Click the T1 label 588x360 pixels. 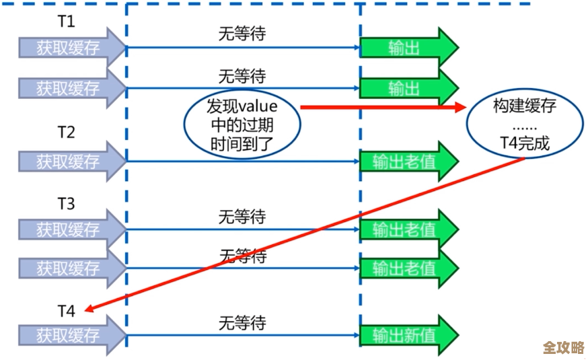[65, 22]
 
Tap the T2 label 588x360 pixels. [65, 133]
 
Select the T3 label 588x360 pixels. [65, 203]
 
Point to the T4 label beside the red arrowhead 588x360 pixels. [65, 311]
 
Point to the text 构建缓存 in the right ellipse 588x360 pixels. [525, 106]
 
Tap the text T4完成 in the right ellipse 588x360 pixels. [525, 143]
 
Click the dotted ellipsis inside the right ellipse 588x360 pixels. [525, 125]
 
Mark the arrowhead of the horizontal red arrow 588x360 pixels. [461, 107]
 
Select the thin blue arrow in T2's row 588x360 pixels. [242, 161]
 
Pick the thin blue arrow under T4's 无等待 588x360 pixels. [242, 335]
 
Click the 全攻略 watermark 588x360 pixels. [563, 348]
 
